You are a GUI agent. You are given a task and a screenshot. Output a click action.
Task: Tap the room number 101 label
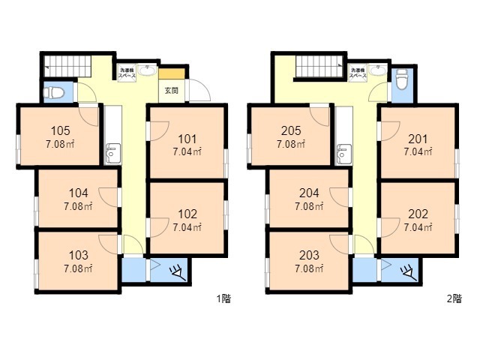coord(187,138)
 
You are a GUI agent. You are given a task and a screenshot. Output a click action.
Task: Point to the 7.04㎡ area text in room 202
coord(418,226)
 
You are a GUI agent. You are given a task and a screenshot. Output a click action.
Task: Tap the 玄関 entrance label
coord(172,91)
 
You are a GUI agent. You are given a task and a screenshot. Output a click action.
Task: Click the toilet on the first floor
coord(54,93)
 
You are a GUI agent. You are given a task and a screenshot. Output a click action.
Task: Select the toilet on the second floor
coord(402,77)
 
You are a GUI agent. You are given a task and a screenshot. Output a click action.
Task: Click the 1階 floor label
coord(223,298)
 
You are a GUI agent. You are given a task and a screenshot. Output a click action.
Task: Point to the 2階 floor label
coord(454,298)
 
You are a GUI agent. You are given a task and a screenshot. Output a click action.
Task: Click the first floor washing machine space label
coord(126,73)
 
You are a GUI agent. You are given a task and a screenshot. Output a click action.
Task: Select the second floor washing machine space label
coord(357,73)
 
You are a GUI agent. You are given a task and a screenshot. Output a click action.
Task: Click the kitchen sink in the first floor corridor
coord(113,153)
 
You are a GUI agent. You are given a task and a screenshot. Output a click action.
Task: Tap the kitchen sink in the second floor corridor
coord(344,153)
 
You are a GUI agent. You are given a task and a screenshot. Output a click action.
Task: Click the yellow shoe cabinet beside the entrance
coord(172,73)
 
